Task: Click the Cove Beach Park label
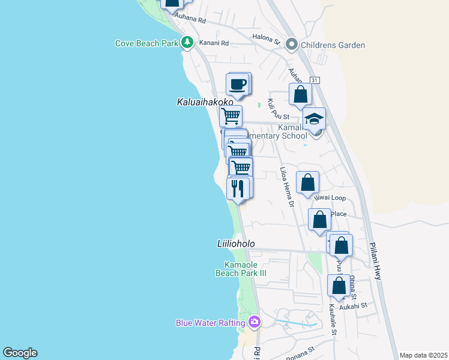pyautogui.click(x=147, y=43)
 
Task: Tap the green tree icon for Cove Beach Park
pyautogui.click(x=188, y=43)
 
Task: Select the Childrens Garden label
pyautogui.click(x=333, y=45)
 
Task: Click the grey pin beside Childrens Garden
pyautogui.click(x=292, y=44)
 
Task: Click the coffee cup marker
pyautogui.click(x=237, y=84)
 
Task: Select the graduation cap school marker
pyautogui.click(x=313, y=119)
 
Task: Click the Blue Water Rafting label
pyautogui.click(x=208, y=323)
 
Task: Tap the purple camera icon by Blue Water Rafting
pyautogui.click(x=255, y=323)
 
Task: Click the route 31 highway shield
pyautogui.click(x=315, y=80)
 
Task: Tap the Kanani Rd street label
pyautogui.click(x=216, y=43)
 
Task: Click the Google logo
pyautogui.click(x=20, y=353)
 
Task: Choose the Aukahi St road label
pyautogui.click(x=353, y=305)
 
